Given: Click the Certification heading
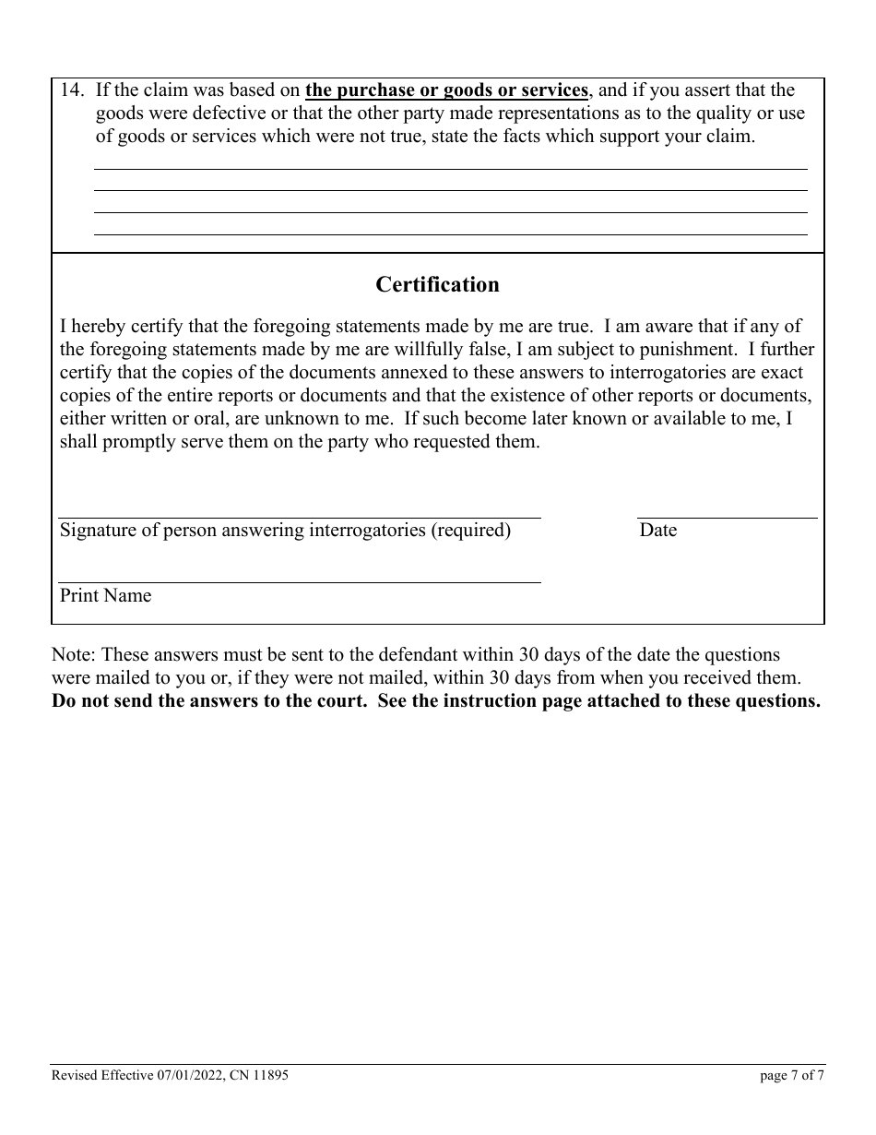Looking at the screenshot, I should click(437, 285).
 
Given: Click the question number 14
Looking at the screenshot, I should click(72, 90).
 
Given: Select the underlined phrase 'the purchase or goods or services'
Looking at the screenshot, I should click(446, 90).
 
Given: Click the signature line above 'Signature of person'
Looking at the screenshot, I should click(300, 518).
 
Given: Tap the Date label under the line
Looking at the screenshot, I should click(657, 531).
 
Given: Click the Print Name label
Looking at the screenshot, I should click(105, 596).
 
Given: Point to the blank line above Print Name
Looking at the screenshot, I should click(300, 582).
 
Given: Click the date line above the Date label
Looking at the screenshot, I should click(727, 518).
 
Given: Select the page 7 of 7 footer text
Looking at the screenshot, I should click(792, 1075).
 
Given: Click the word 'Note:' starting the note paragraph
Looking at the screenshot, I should click(74, 655).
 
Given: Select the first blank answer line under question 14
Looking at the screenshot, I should click(450, 168).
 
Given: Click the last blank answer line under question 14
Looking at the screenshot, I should click(450, 233).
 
